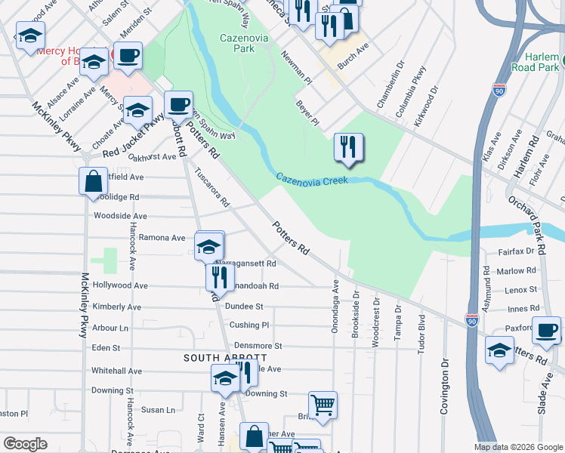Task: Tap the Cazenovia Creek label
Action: pos(311,180)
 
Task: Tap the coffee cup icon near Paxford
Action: pos(546,330)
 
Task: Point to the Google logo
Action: pos(25,444)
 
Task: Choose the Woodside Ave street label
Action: pos(119,216)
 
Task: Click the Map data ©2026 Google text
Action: pos(517,447)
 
